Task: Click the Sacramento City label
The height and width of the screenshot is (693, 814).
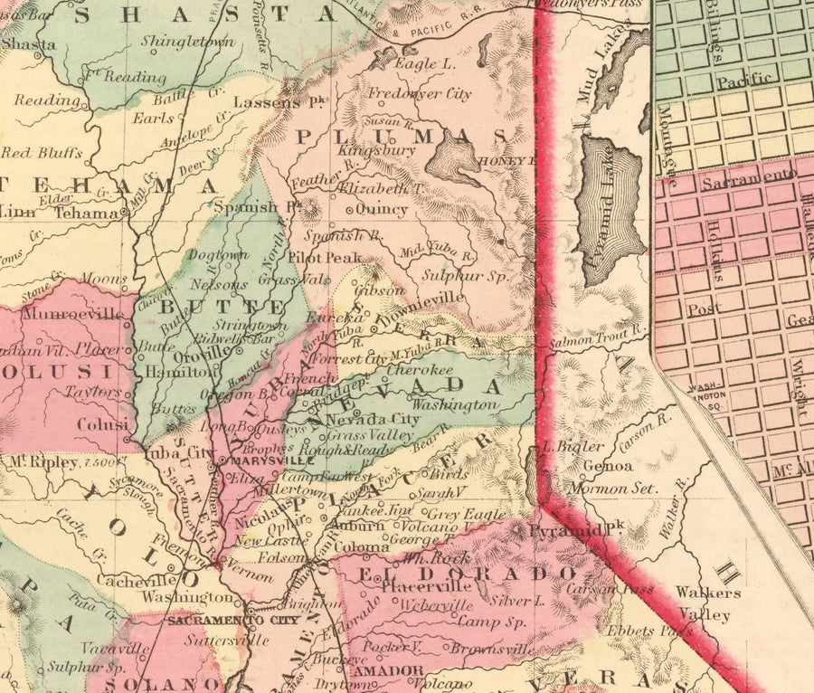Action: tap(221, 621)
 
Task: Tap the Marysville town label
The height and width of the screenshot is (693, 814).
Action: tap(254, 460)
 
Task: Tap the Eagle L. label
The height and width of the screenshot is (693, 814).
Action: tap(425, 65)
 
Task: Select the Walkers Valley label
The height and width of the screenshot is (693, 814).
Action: tap(708, 603)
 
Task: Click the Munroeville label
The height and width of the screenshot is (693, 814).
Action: tap(61, 314)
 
